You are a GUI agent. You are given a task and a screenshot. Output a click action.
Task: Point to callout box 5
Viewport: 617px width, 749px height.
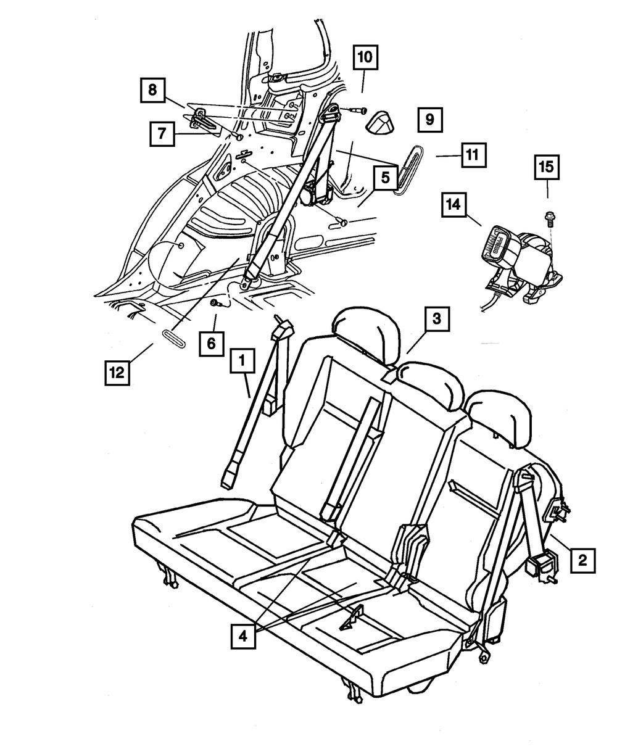(x=384, y=179)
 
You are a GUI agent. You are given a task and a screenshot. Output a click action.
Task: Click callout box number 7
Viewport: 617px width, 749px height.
(x=162, y=133)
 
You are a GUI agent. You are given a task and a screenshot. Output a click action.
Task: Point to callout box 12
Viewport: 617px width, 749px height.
(x=117, y=372)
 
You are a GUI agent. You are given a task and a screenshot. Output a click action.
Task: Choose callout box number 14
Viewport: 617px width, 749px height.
(x=454, y=204)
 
